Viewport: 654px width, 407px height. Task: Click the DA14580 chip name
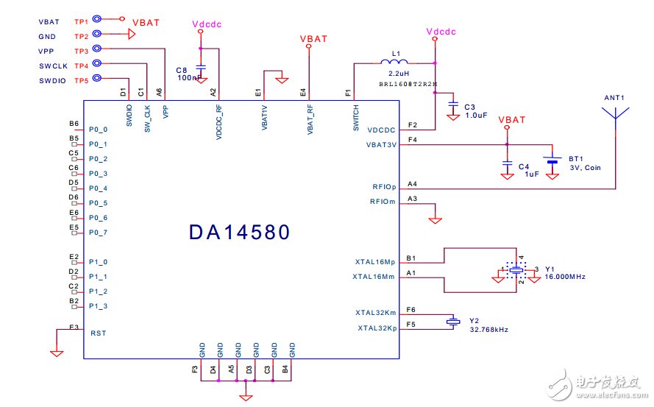[x=239, y=232]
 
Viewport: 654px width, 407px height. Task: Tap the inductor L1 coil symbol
[x=394, y=63]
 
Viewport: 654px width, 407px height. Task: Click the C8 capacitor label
[x=182, y=69]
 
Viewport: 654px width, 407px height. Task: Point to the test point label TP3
[x=81, y=50]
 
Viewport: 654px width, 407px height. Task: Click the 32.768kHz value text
[x=488, y=329]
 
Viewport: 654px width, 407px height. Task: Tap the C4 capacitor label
[x=523, y=166]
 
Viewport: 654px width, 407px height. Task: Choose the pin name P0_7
[x=99, y=233]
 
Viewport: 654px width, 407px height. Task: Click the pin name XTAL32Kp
[x=377, y=328]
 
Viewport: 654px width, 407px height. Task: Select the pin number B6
[x=74, y=124]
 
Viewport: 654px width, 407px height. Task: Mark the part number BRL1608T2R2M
[x=408, y=84]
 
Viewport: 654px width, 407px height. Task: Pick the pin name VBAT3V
[x=381, y=145]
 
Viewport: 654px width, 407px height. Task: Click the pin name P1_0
[x=99, y=261]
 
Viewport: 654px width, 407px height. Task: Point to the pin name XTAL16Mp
[x=375, y=261]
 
